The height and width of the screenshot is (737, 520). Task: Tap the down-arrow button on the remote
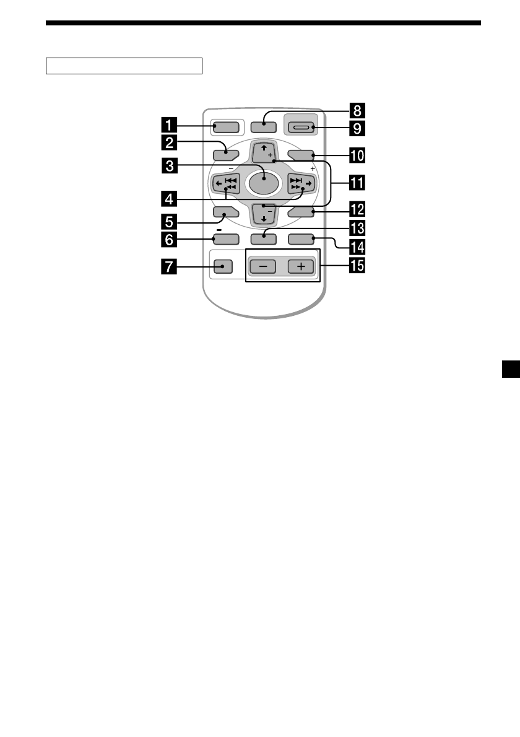pyautogui.click(x=263, y=214)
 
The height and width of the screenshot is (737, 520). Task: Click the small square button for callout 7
pyautogui.click(x=222, y=267)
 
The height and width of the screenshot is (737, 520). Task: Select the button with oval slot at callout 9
pyautogui.click(x=302, y=128)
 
